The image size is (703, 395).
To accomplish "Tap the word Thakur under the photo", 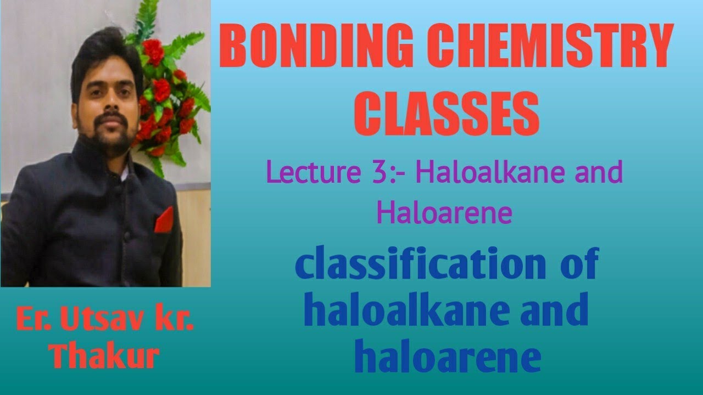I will [x=104, y=356].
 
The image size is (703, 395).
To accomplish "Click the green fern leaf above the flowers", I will [x=184, y=47].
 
